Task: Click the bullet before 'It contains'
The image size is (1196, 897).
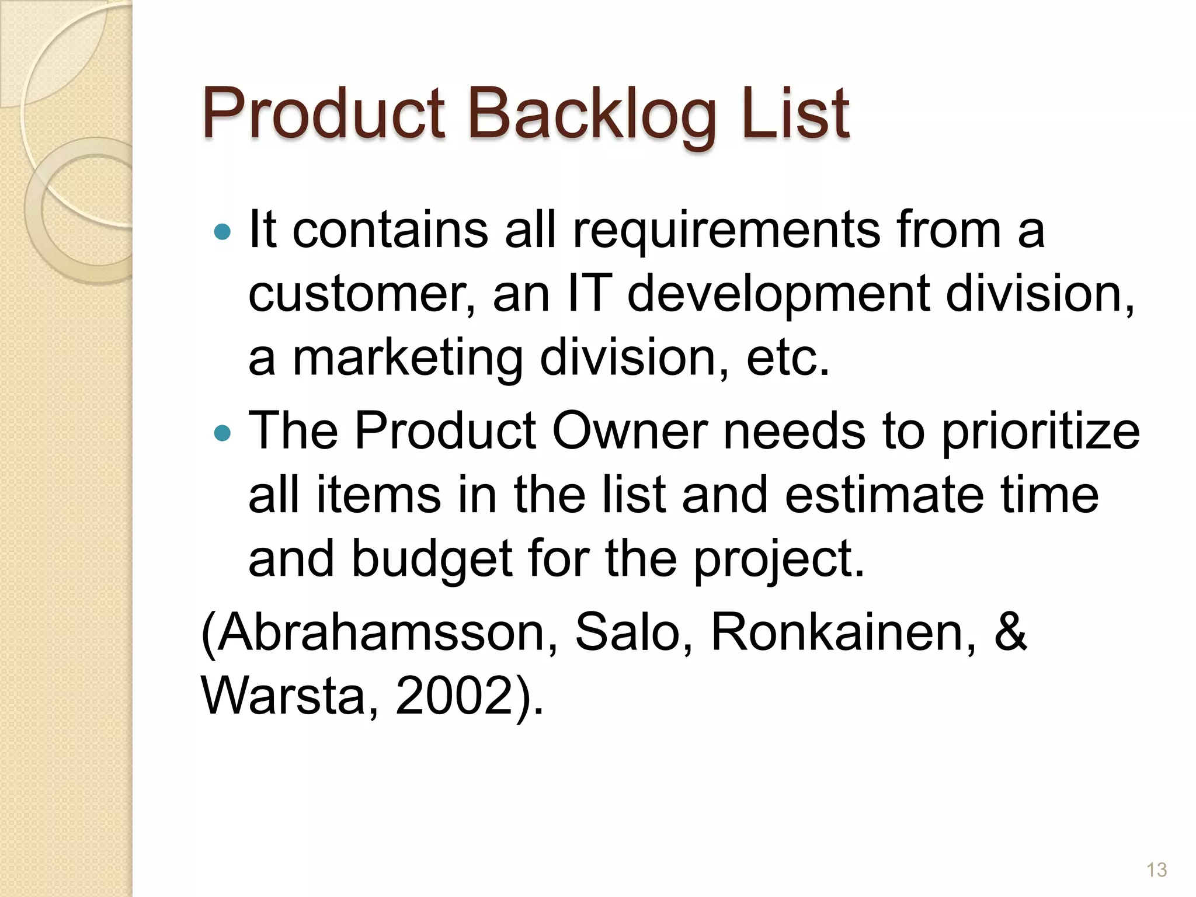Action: coord(222,232)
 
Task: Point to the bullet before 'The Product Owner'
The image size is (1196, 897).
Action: coord(222,433)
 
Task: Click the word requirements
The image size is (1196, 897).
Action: coord(726,231)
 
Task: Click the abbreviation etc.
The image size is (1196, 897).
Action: coord(788,358)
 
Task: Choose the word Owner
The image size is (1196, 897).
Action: coord(630,432)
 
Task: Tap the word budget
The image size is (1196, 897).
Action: coord(432,559)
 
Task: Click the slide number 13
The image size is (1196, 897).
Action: coord(1156,870)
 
